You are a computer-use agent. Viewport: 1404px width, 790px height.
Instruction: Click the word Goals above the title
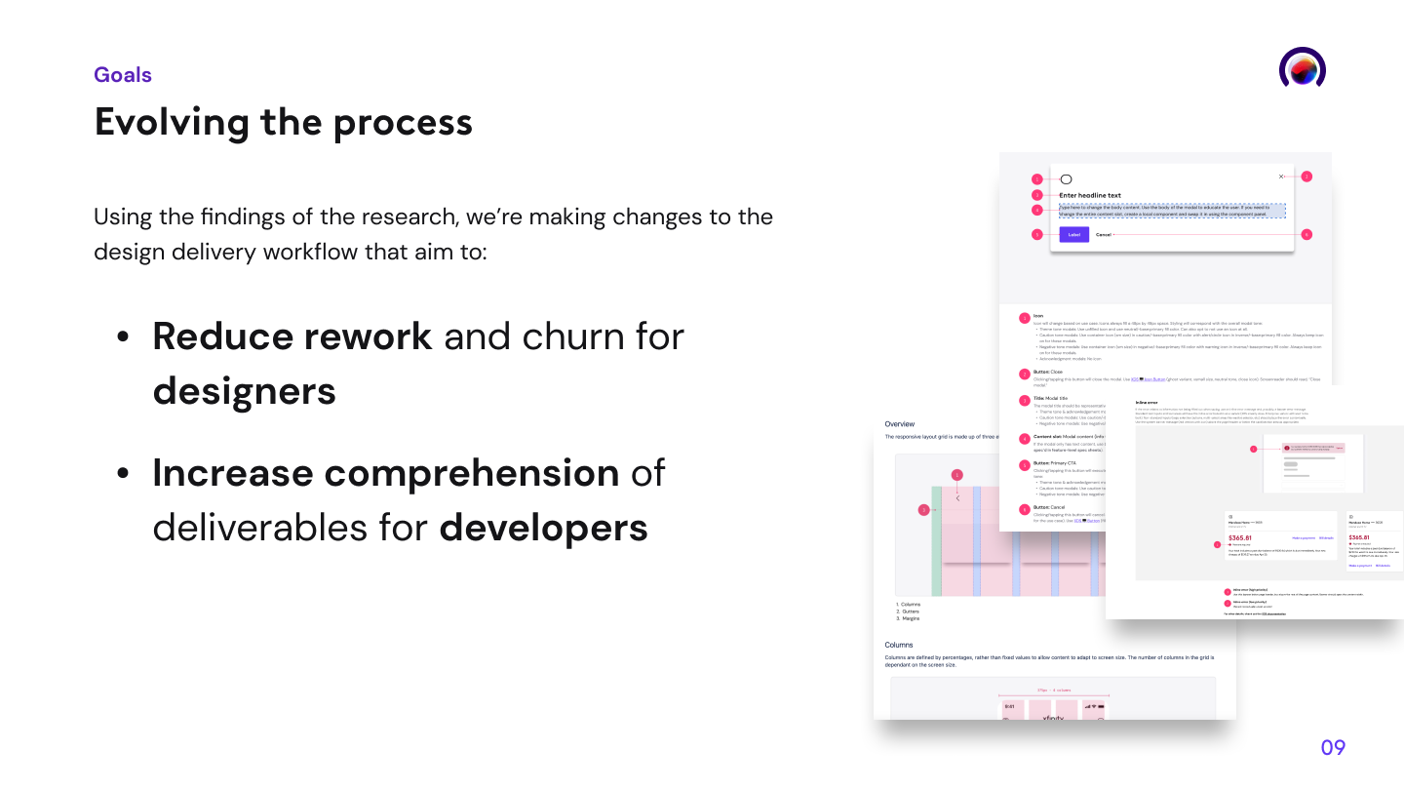pyautogui.click(x=123, y=75)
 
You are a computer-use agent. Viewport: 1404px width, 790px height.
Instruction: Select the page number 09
pyautogui.click(x=1333, y=748)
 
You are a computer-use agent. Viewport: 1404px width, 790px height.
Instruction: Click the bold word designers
pyautogui.click(x=244, y=391)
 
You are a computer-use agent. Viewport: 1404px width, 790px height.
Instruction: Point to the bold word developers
pyautogui.click(x=543, y=528)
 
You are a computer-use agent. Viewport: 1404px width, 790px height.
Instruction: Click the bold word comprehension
pyautogui.click(x=385, y=473)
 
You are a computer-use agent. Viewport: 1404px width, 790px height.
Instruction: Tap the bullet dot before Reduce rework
pyautogui.click(x=123, y=337)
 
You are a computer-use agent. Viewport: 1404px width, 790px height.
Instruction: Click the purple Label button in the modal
pyautogui.click(x=1073, y=235)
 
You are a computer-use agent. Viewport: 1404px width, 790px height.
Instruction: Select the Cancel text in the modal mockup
pyautogui.click(x=1104, y=235)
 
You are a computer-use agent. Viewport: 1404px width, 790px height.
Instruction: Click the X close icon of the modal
pyautogui.click(x=1281, y=177)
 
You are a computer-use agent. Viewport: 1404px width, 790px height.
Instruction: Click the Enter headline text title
pyautogui.click(x=1090, y=196)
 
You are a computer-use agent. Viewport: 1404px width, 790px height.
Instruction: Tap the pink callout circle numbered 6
pyautogui.click(x=1306, y=235)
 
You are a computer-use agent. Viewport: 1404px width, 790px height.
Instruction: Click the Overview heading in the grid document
pyautogui.click(x=899, y=424)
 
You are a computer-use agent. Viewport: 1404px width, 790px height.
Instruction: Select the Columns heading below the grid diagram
pyautogui.click(x=899, y=645)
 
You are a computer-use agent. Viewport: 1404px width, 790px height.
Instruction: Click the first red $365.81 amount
pyautogui.click(x=1239, y=537)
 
